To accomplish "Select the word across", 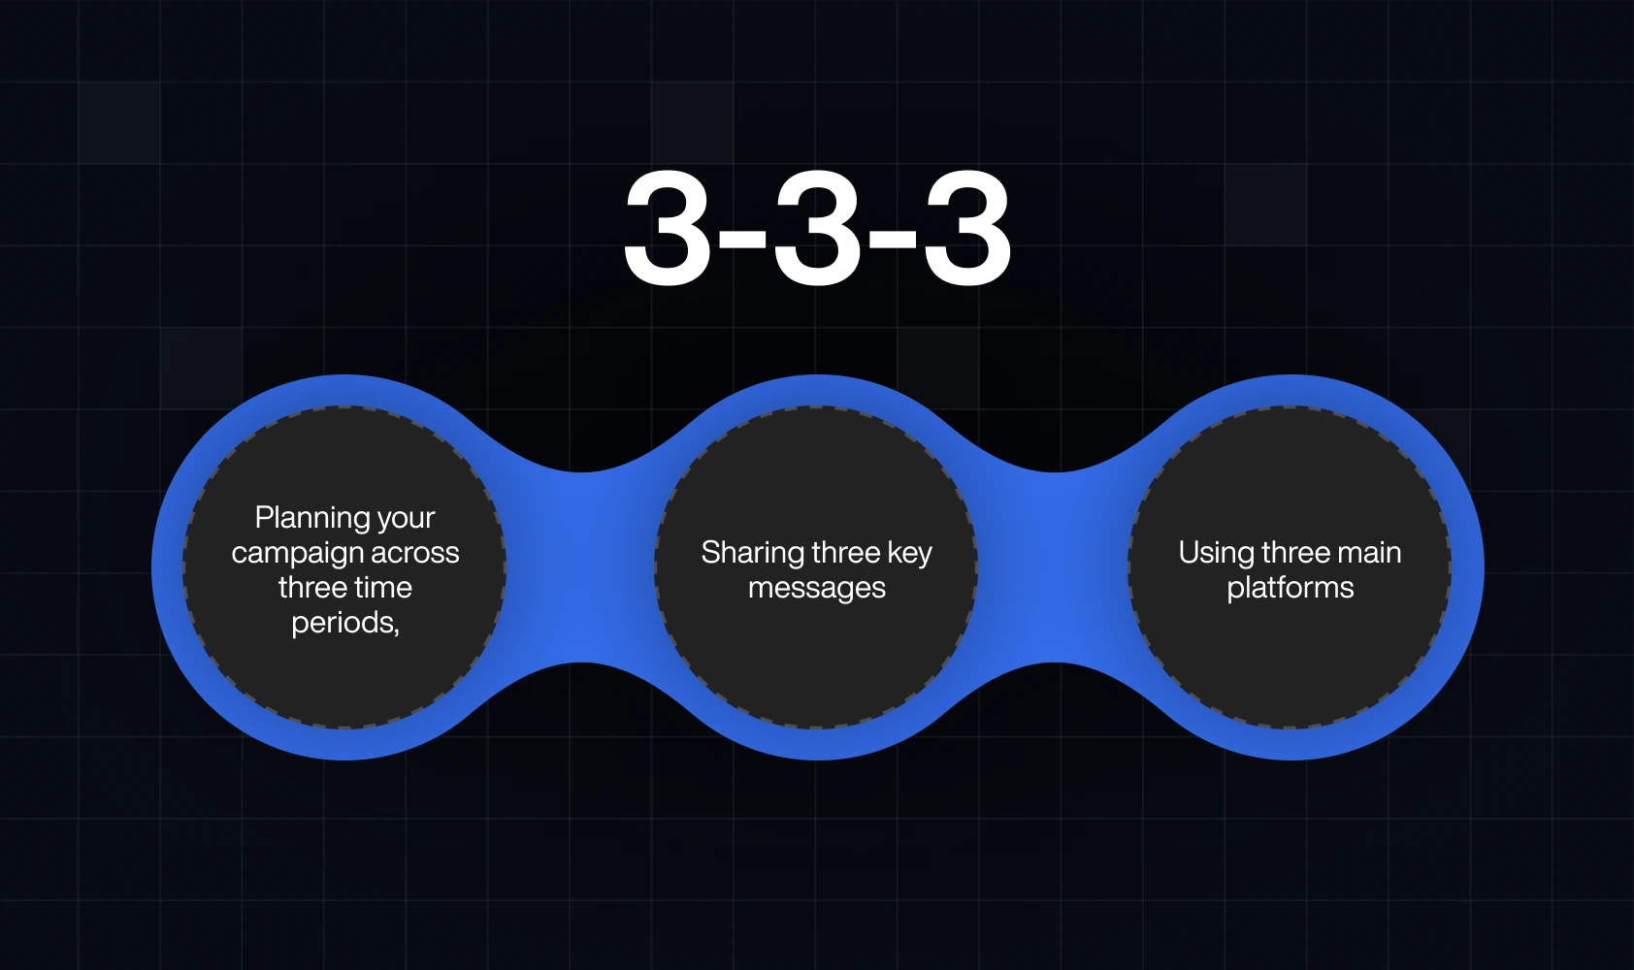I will [415, 553].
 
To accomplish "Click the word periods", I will [343, 623].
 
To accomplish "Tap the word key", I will [909, 553].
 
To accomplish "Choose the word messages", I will [817, 588].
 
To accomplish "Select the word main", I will [1368, 553].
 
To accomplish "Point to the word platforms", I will [1291, 588].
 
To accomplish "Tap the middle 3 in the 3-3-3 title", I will [817, 230].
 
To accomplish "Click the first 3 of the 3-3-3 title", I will [668, 230].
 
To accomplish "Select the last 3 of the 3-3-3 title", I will [967, 230].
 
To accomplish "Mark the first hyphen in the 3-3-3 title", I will [742, 238].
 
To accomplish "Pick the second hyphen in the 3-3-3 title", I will [893, 238].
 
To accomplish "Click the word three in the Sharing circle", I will [845, 553].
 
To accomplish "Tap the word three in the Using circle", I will [1296, 553].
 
